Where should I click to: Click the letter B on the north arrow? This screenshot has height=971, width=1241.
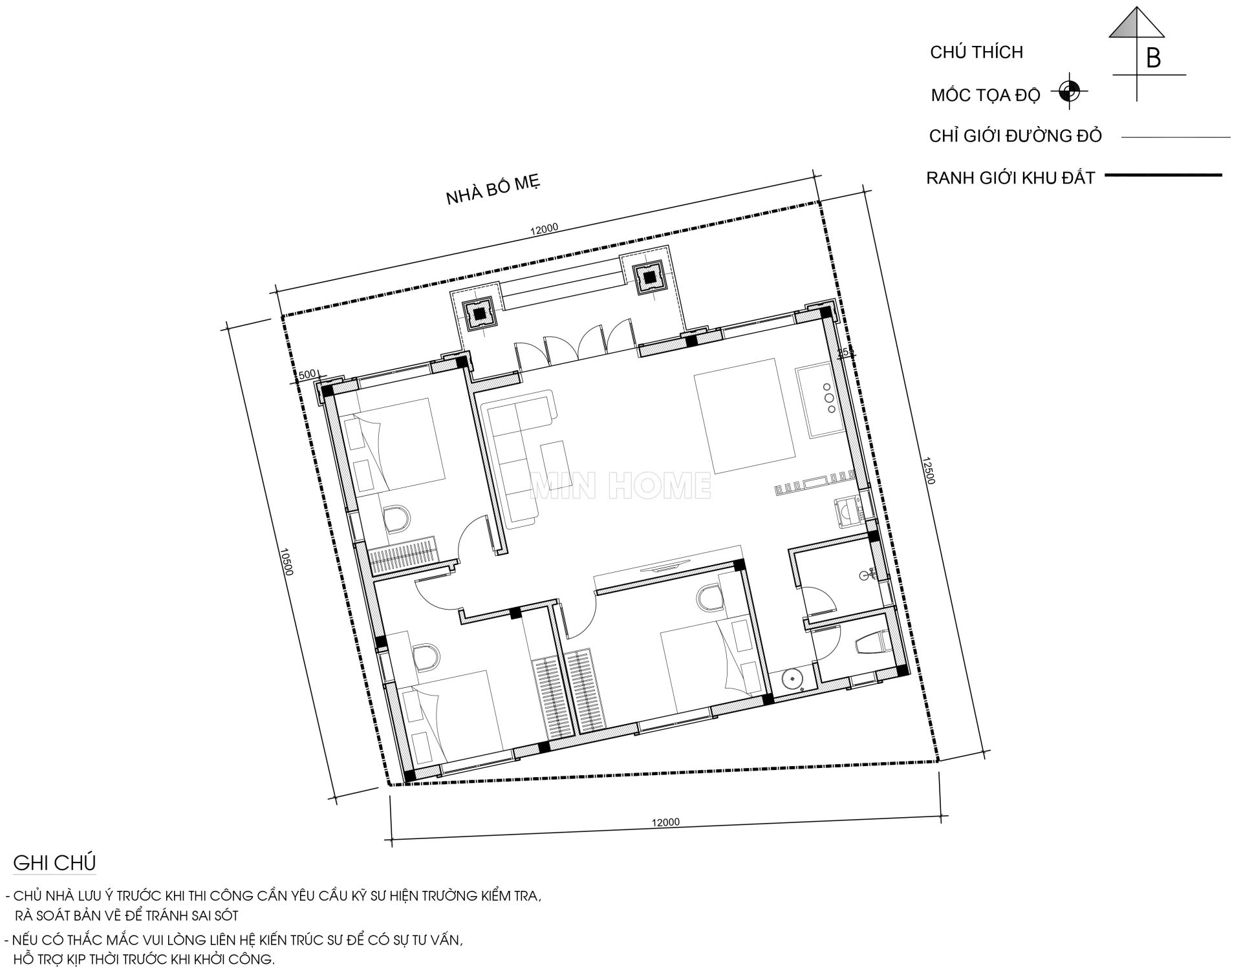pos(1153,58)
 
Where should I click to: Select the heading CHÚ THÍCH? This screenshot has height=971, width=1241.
pos(977,52)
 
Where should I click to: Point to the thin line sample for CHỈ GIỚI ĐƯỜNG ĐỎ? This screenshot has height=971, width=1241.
pos(1176,137)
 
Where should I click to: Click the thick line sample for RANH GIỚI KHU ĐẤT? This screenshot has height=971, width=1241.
pos(1163,175)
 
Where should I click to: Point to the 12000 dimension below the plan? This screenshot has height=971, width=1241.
pos(665,822)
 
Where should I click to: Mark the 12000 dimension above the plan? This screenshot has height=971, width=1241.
pos(543,229)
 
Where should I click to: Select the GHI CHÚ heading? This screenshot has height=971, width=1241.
pos(54,863)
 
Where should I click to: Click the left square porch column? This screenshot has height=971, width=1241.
pos(479,314)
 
